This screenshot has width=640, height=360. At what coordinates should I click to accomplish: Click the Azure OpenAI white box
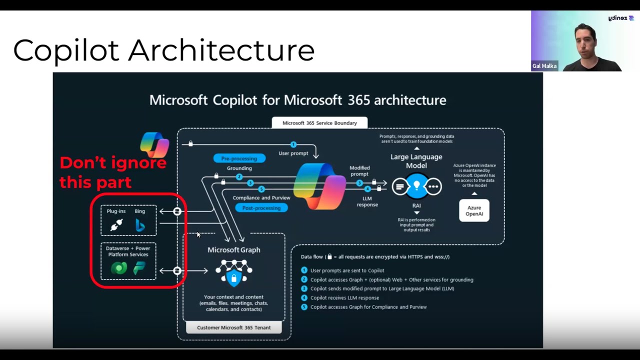coord(474,210)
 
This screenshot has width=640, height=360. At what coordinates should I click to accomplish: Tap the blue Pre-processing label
coord(239,158)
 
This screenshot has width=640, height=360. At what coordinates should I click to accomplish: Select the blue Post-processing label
coord(261,208)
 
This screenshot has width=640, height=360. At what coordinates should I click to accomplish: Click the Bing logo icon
coord(140,226)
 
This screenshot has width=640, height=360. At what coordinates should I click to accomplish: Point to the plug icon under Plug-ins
coord(116,225)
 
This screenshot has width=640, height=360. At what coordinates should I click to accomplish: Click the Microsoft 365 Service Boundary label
coord(319,123)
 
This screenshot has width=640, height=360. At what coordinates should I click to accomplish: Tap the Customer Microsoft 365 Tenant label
coord(233,327)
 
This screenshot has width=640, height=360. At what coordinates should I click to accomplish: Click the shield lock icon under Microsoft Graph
coord(233,276)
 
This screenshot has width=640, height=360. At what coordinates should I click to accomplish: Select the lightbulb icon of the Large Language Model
coord(416,186)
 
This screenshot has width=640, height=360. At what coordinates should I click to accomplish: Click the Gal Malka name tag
coord(544,66)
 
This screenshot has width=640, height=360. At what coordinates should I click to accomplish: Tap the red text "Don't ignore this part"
coord(112,172)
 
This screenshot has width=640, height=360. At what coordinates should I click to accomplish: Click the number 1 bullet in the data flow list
coord(304,270)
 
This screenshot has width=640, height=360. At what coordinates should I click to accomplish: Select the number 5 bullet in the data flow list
coord(304,307)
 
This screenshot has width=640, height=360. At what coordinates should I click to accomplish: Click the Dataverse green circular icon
coord(119,268)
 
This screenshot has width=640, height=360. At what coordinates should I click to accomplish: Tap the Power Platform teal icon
coord(139,268)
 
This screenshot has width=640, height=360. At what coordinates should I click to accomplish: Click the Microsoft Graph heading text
coord(233,250)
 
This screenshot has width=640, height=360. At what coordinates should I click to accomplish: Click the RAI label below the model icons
coord(416,205)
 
